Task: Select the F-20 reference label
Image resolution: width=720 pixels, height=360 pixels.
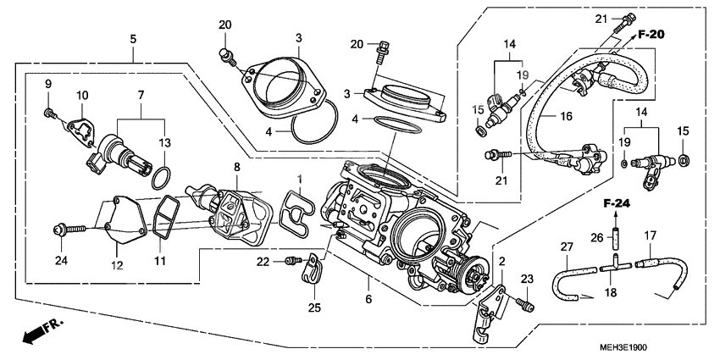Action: tap(651, 35)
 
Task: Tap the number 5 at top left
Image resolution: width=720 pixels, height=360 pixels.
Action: tap(133, 39)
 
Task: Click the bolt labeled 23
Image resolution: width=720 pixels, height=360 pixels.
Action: tap(525, 305)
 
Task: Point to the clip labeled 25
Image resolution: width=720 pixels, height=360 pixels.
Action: tap(312, 270)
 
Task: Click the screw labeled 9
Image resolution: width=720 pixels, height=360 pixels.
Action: tap(52, 112)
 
